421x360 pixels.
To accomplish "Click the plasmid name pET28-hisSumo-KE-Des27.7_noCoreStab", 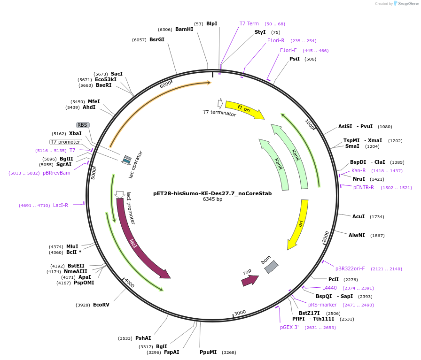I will (212, 193).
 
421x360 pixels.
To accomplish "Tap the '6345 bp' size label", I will (212, 199).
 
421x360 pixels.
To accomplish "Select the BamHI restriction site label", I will (184, 29).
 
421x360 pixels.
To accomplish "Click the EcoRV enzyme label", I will (101, 305).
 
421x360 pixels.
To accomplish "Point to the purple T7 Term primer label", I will (249, 23).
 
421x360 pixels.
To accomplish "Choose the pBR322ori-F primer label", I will (350, 268).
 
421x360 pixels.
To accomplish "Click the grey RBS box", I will (83, 125).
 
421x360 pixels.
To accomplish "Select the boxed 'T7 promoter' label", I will (66, 142).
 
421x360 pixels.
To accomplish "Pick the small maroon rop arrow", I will (249, 280).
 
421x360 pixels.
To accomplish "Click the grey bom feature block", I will (271, 267).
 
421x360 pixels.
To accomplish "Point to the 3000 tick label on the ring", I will (240, 313).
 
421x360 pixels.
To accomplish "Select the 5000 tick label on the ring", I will (94, 173).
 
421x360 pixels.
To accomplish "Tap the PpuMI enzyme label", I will (208, 352).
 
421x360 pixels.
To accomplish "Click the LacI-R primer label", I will (61, 205).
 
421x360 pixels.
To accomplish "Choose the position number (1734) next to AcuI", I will (377, 217).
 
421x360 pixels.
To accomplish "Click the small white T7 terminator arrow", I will (220, 103).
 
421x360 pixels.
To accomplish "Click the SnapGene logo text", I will (406, 4).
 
